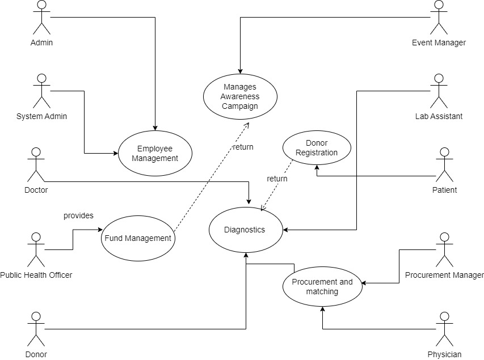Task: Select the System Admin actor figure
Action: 41,91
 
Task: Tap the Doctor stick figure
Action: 36,164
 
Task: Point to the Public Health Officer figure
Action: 36,249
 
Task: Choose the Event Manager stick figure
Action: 438,17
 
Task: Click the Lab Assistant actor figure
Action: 438,91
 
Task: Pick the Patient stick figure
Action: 444,164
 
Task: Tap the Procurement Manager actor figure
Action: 444,249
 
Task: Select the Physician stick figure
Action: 444,329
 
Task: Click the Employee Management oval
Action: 155,154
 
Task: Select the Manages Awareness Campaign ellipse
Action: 240,96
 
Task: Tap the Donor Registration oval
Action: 317,148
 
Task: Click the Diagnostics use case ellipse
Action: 245,230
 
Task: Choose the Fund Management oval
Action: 137,238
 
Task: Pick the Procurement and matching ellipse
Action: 322,287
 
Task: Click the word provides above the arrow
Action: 78,216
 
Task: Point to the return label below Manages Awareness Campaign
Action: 243,147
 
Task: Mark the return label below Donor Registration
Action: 277,179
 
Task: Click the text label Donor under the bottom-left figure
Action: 36,354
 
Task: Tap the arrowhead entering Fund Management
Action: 98,230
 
